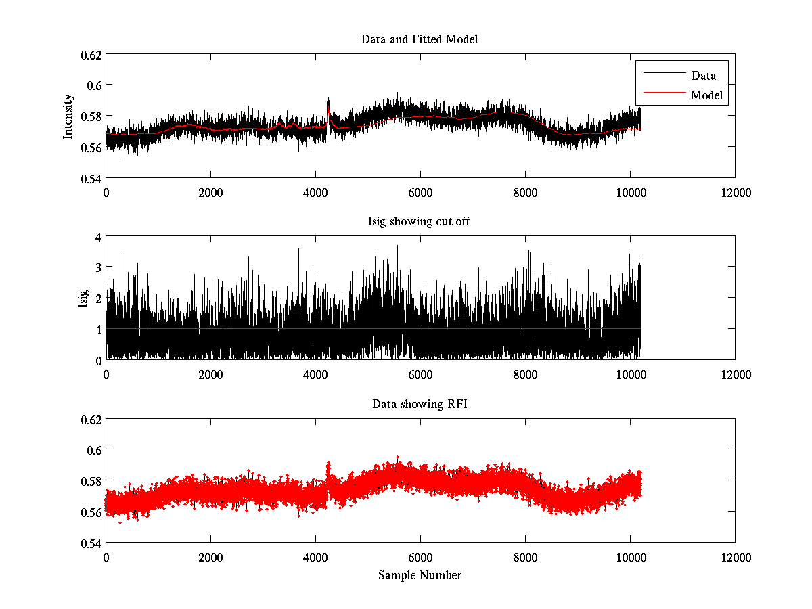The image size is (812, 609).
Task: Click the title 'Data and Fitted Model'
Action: [420, 39]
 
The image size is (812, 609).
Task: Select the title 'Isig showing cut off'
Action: [420, 222]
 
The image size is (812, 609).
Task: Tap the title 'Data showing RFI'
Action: [420, 404]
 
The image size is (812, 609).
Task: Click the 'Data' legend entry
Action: [703, 75]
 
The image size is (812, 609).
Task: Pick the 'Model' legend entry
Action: [706, 95]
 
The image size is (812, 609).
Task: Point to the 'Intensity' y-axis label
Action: [68, 116]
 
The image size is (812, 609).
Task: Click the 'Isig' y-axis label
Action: [83, 298]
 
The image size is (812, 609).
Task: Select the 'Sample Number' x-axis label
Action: [420, 575]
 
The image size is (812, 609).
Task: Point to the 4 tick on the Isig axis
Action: [97, 237]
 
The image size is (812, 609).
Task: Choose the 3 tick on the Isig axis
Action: [97, 267]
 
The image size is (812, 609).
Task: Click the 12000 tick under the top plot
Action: [735, 192]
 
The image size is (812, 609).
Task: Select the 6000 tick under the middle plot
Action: [420, 374]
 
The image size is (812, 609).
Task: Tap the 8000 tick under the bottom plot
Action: [525, 557]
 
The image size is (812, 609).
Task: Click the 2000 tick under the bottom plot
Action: [210, 557]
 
